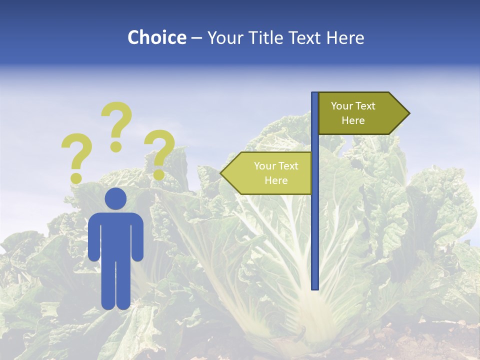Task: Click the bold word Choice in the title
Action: [x=156, y=37]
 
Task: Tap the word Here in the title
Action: [x=345, y=37]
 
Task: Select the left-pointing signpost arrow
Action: [x=267, y=173]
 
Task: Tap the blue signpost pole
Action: [x=314, y=225]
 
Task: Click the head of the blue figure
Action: [x=115, y=198]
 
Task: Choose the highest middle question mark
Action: [x=116, y=125]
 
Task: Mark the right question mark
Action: [x=159, y=152]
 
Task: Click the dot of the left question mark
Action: [x=76, y=177]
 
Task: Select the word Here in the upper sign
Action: [x=353, y=120]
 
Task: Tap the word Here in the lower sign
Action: [x=276, y=180]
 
